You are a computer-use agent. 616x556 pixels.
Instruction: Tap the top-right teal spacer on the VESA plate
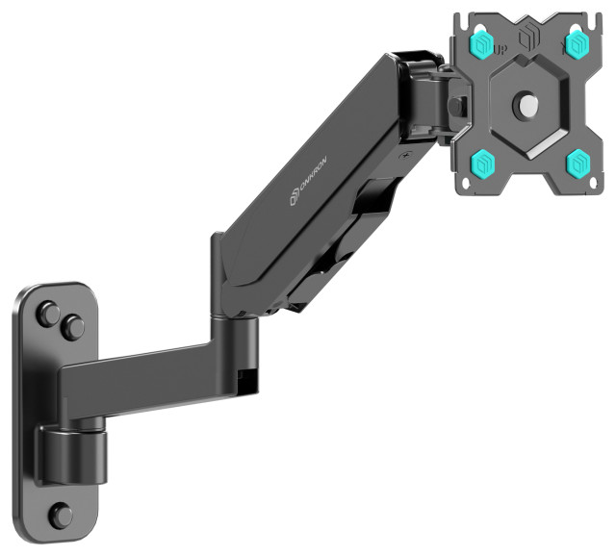point(577,43)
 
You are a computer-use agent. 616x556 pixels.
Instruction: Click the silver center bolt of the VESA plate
point(527,104)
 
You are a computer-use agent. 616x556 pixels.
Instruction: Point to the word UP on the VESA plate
point(500,47)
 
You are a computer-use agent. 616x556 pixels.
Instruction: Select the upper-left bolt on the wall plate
point(46,314)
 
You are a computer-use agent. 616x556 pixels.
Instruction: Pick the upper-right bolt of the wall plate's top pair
point(73,328)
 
